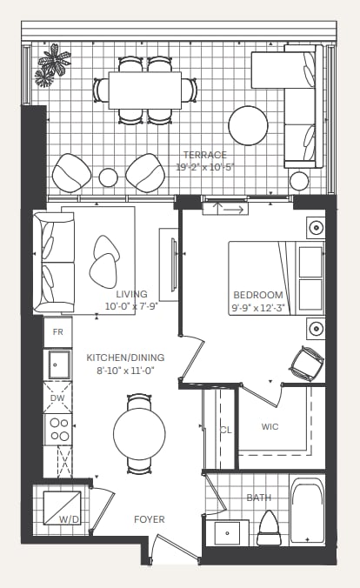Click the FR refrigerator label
pyautogui.click(x=57, y=332)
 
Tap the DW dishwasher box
pyautogui.click(x=57, y=398)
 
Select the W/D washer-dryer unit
pyautogui.click(x=63, y=508)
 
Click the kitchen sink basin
pyautogui.click(x=59, y=364)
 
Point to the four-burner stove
pyautogui.click(x=58, y=430)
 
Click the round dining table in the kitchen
pyautogui.click(x=139, y=433)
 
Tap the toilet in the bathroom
pyautogui.click(x=270, y=528)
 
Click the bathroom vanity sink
pyautogui.click(x=227, y=533)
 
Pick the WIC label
pyautogui.click(x=270, y=427)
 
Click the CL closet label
pyautogui.click(x=226, y=430)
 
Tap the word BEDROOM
pyautogui.click(x=258, y=295)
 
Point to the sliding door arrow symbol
pyautogui.click(x=233, y=209)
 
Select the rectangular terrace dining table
pyautogui.click(x=145, y=90)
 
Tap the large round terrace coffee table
pyautogui.click(x=248, y=125)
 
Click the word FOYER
pyautogui.click(x=150, y=519)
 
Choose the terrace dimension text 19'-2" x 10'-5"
pyautogui.click(x=205, y=167)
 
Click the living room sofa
pyautogui.click(x=54, y=263)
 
